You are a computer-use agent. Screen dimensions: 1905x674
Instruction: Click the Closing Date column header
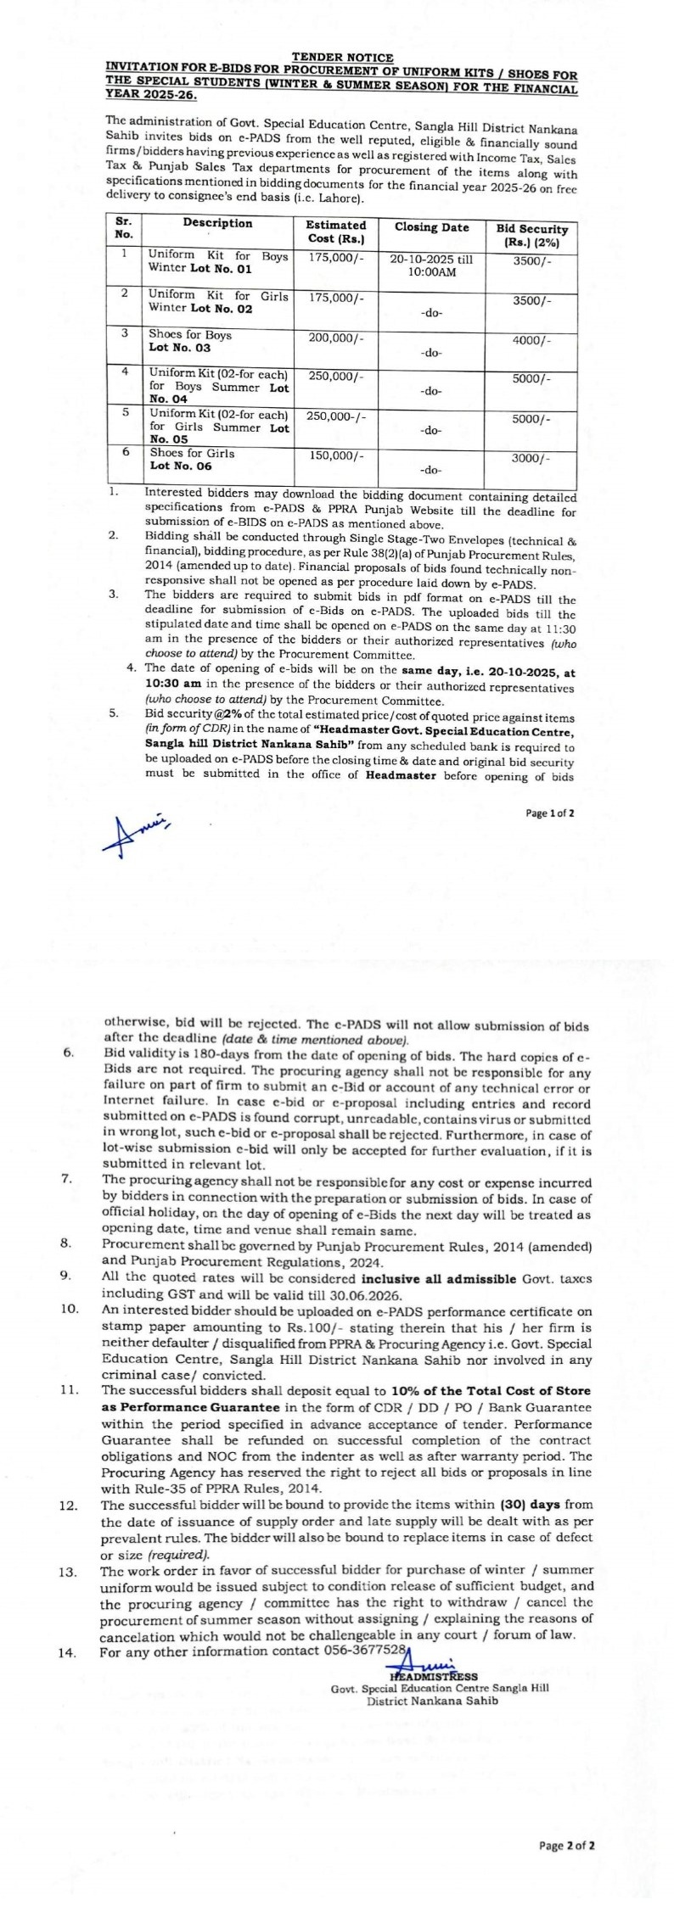431,227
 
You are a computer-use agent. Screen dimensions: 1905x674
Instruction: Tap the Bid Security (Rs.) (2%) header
531,235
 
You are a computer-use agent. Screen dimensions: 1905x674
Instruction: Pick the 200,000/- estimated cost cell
336,337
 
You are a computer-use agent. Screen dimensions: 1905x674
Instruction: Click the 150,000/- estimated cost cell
336,455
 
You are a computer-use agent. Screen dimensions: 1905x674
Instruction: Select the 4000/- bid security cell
531,340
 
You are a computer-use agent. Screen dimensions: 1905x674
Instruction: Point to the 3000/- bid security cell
531,458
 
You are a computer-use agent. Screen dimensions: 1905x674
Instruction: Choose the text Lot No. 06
180,466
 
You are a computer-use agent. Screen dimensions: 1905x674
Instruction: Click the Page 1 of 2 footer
550,813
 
